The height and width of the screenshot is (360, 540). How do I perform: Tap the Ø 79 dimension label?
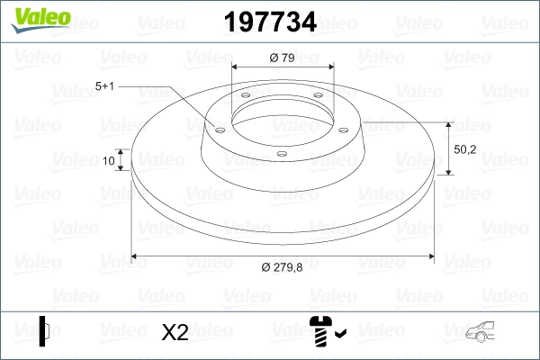pyautogui.click(x=283, y=58)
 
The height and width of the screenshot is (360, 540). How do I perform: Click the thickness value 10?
pyautogui.click(x=110, y=161)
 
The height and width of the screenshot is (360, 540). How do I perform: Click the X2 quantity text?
pyautogui.click(x=175, y=333)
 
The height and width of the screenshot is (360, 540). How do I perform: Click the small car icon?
pyautogui.click(x=483, y=335)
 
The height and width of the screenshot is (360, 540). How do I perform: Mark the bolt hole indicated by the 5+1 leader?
pyautogui.click(x=218, y=128)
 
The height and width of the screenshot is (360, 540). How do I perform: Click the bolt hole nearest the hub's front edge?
pyautogui.click(x=281, y=154)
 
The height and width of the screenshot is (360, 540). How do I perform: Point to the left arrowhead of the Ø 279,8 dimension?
pyautogui.click(x=136, y=256)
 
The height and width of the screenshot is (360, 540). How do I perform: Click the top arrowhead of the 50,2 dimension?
pyautogui.click(x=449, y=121)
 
